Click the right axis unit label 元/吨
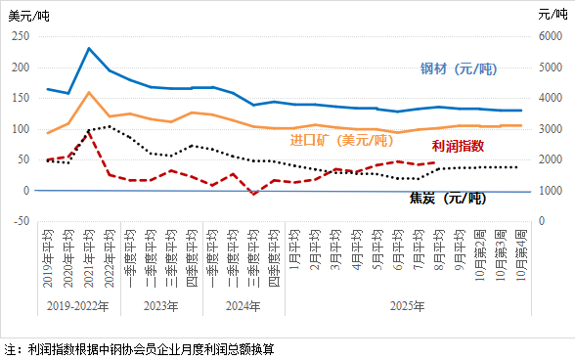pyautogui.click(x=552, y=13)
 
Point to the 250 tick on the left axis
pyautogui.click(x=20, y=36)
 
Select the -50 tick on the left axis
pyautogui.click(x=20, y=221)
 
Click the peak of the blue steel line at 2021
pyautogui.click(x=89, y=48)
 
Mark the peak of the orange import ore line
pyautogui.click(x=89, y=93)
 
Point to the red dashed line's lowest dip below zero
pyautogui.click(x=253, y=194)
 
